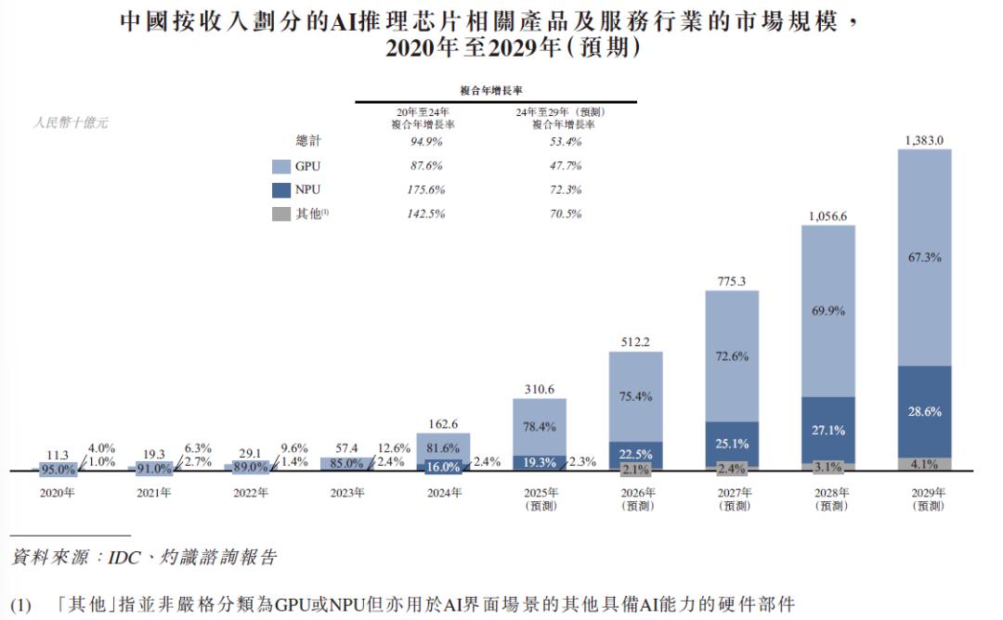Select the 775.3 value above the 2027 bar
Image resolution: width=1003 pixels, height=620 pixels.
point(731,281)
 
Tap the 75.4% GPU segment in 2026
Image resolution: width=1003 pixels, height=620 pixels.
point(635,396)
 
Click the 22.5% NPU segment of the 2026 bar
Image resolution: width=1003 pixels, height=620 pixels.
point(635,453)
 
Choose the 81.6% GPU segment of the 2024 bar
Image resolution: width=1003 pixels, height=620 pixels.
point(442,445)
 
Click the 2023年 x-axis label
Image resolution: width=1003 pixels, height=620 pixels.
point(346,493)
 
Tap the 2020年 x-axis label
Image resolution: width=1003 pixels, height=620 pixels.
point(58,493)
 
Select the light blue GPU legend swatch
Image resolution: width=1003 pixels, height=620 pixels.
point(281,166)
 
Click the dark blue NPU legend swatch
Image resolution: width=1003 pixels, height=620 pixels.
point(281,190)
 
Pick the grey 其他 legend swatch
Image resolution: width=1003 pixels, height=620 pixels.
point(281,213)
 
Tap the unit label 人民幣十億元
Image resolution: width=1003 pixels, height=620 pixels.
point(71,123)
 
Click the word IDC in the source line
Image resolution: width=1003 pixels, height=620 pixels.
point(123,558)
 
